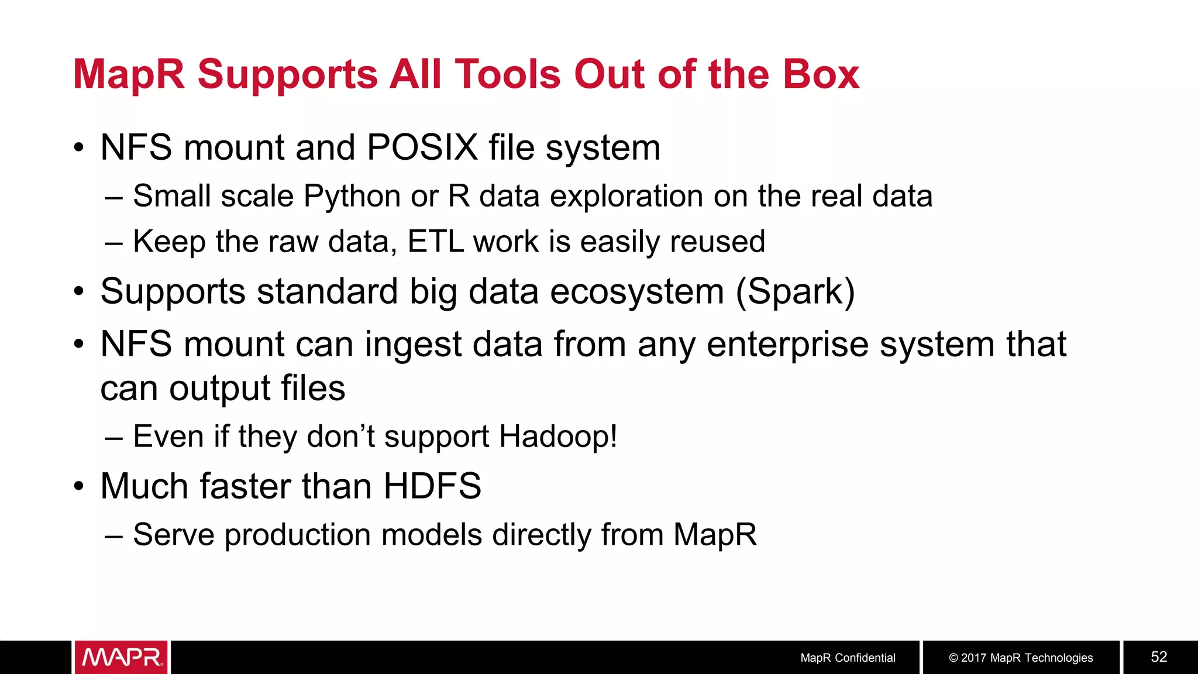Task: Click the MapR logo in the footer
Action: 121,657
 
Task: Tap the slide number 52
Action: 1159,657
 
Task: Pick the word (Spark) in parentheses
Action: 795,291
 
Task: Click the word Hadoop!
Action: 558,436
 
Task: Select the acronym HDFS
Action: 432,486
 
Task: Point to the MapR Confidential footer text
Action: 848,658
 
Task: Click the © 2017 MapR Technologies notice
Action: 1021,658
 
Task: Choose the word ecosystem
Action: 637,291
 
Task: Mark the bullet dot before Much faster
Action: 79,487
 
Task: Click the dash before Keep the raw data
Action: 113,242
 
